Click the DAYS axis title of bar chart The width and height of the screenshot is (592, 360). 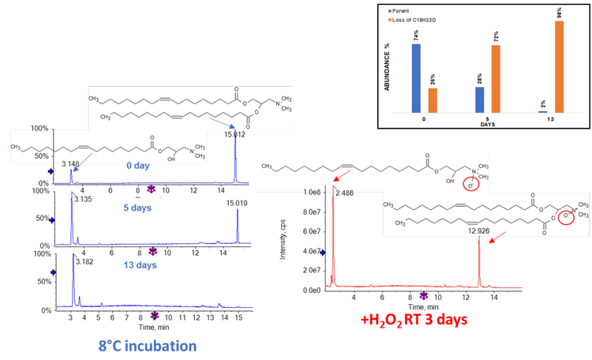[x=489, y=124]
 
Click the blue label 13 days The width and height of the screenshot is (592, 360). [x=136, y=265]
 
